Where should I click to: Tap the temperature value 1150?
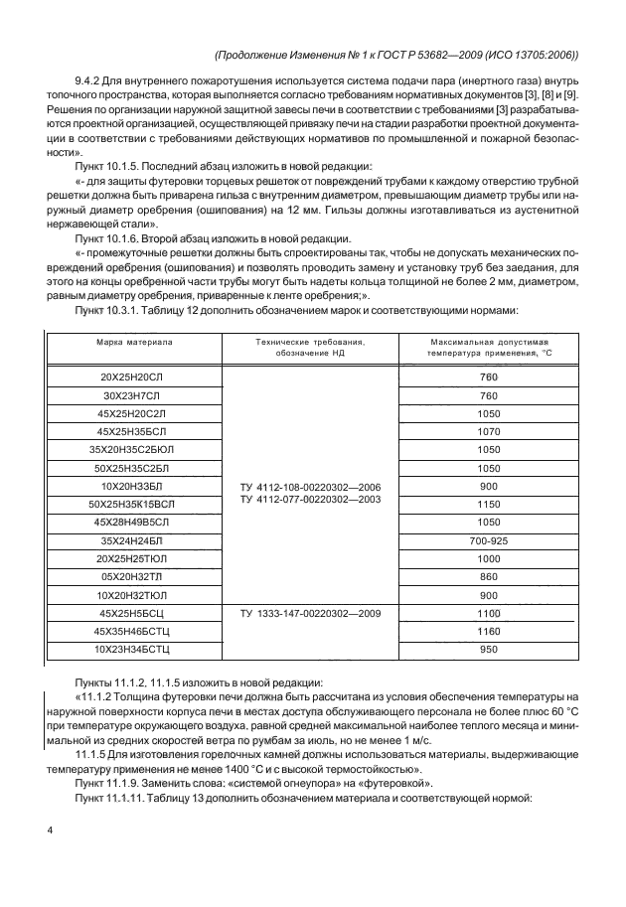pyautogui.click(x=488, y=504)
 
